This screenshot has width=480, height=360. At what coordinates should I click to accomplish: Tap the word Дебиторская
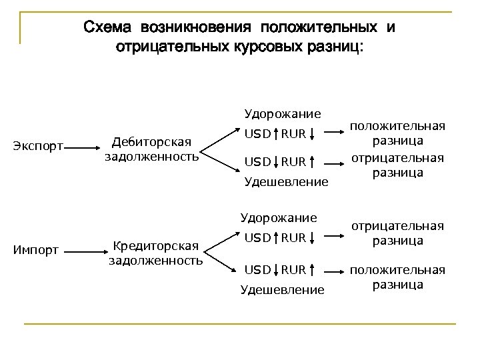[x=151, y=141]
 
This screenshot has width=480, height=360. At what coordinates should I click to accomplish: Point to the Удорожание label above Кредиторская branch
[x=279, y=217]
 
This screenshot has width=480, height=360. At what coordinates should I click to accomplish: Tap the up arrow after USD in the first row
[x=275, y=135]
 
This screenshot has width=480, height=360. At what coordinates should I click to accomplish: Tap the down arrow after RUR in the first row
[x=313, y=135]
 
